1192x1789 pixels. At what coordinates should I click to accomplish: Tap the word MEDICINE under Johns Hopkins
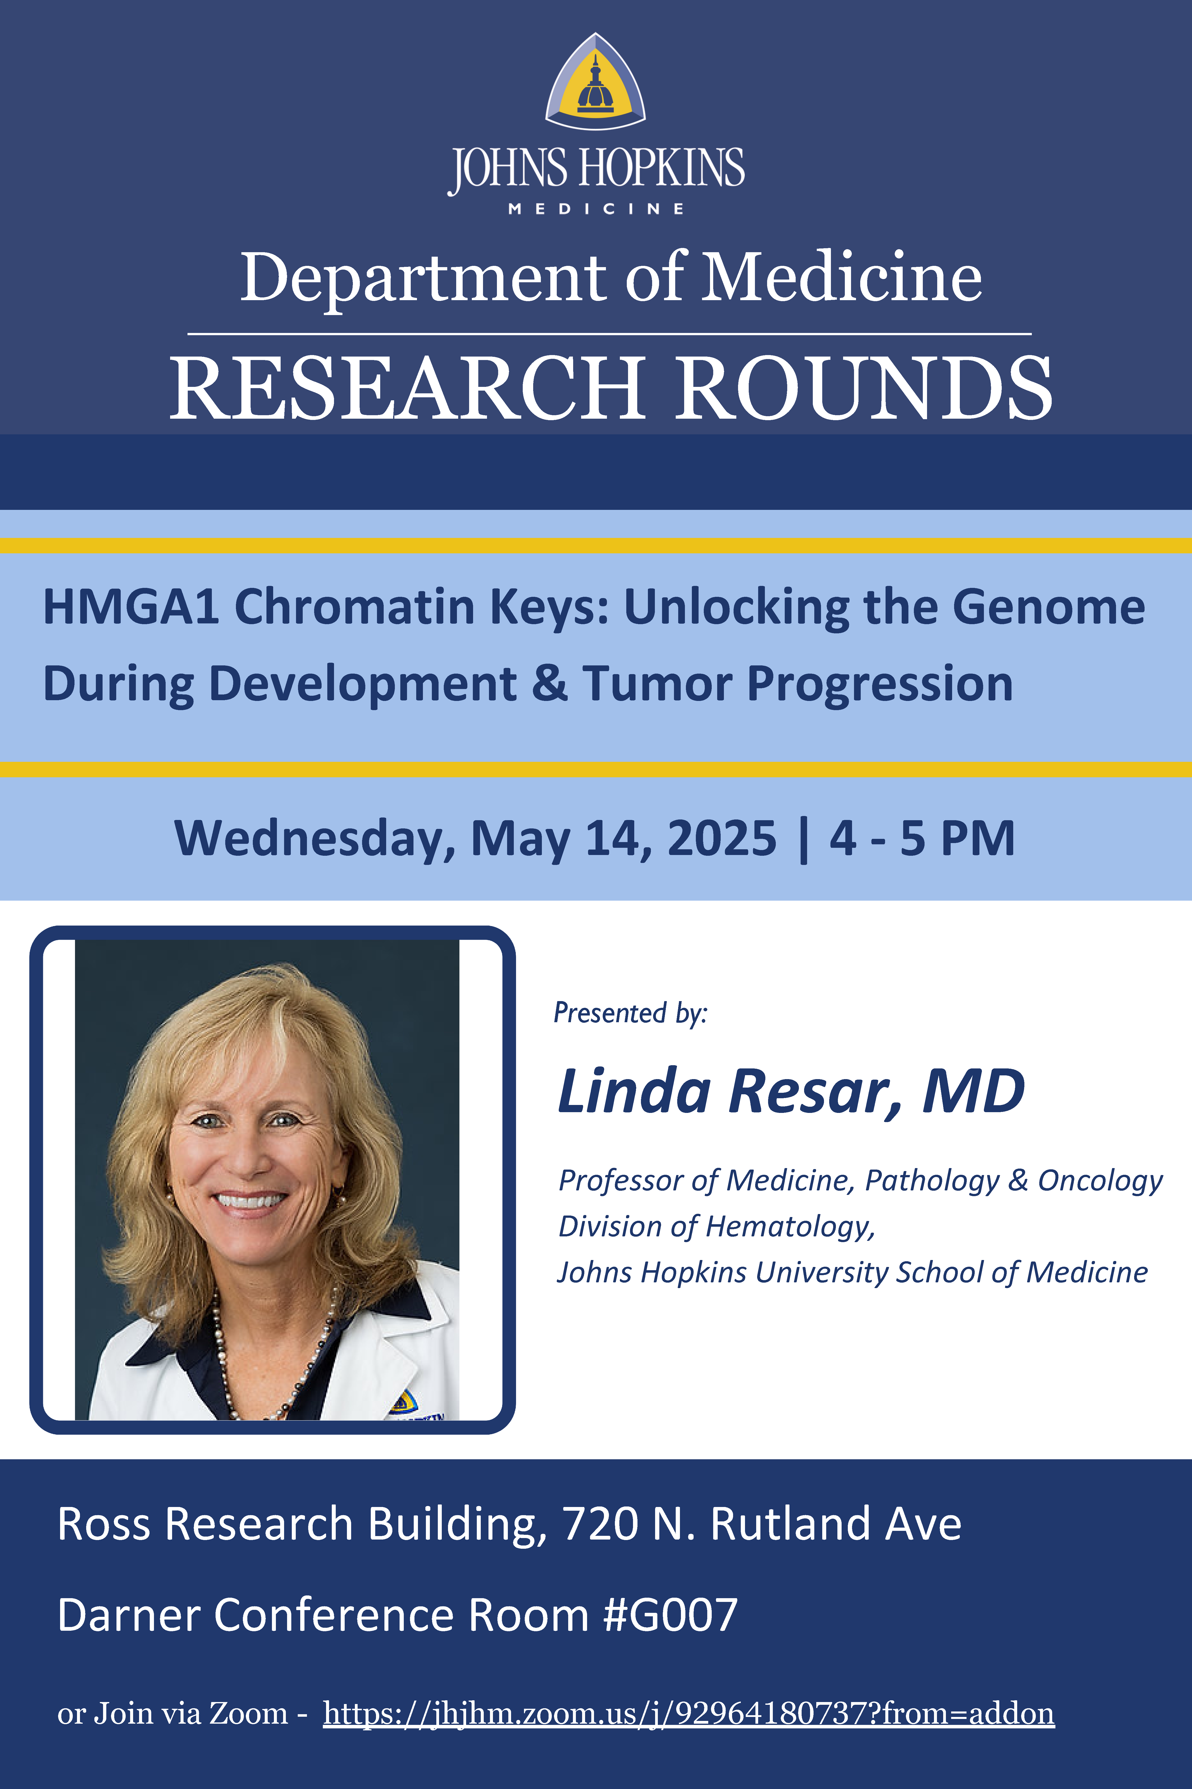point(596,208)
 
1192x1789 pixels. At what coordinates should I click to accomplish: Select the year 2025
point(721,838)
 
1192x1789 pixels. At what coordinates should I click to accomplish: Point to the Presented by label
point(630,1013)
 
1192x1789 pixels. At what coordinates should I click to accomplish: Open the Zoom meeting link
point(689,1714)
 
